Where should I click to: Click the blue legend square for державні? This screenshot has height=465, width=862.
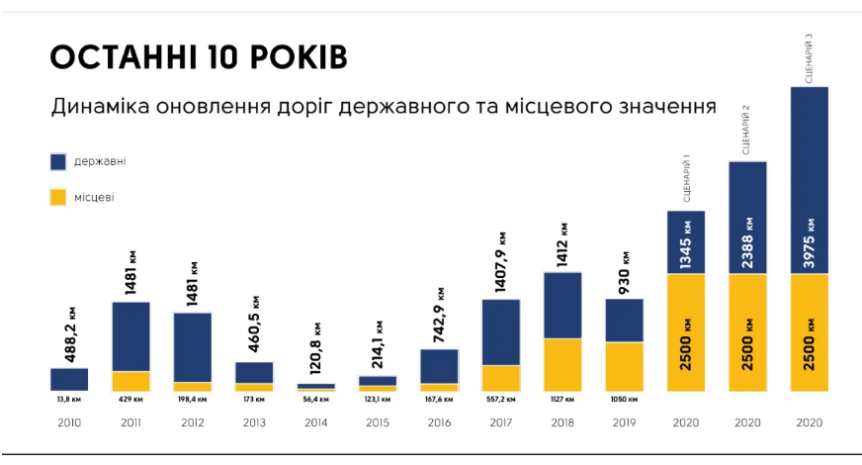[x=57, y=161]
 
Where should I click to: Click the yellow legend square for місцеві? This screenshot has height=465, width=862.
[x=57, y=197]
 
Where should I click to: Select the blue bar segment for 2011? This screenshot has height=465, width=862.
[x=130, y=335]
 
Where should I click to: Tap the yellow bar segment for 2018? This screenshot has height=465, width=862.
[x=562, y=365]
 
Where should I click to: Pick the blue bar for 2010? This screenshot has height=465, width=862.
[x=69, y=379]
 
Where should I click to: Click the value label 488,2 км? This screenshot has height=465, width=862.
[x=69, y=337]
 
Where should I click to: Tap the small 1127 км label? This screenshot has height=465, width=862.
[x=562, y=401]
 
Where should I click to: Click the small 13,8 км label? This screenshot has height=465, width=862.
[x=69, y=401]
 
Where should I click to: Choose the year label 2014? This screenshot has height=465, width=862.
[x=315, y=422]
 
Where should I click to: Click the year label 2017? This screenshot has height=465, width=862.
[x=501, y=422]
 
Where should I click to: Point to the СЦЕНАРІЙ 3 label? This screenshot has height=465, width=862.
[x=810, y=57]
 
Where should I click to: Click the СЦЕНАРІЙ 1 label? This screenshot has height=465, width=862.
[x=686, y=178]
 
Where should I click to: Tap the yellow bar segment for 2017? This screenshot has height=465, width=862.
[x=501, y=378]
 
